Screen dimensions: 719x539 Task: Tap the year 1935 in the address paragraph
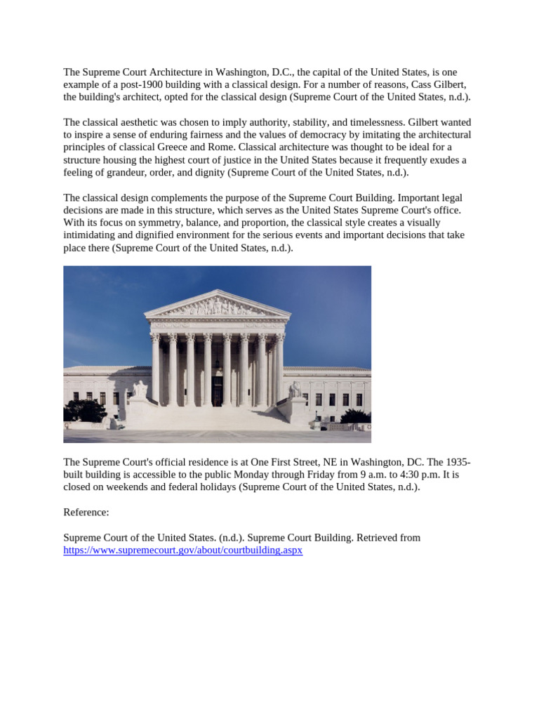click(x=458, y=462)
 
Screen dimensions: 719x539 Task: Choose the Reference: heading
click(x=86, y=512)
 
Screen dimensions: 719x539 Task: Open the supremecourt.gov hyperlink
click(x=182, y=550)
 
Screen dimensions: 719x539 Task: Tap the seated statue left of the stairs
click(x=140, y=390)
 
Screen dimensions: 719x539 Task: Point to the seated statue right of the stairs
click(x=295, y=389)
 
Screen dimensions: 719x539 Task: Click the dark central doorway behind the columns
click(x=217, y=390)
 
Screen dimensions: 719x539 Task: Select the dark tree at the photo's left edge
click(x=83, y=410)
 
